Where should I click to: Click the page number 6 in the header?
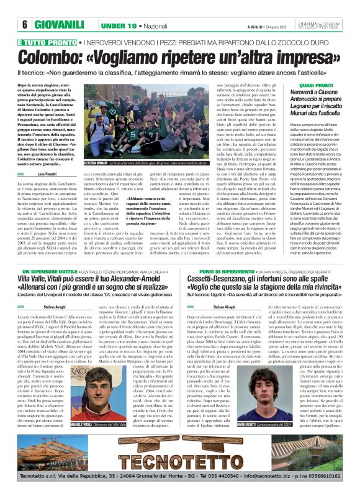click(25, 25)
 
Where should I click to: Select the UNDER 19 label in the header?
click(120, 25)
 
